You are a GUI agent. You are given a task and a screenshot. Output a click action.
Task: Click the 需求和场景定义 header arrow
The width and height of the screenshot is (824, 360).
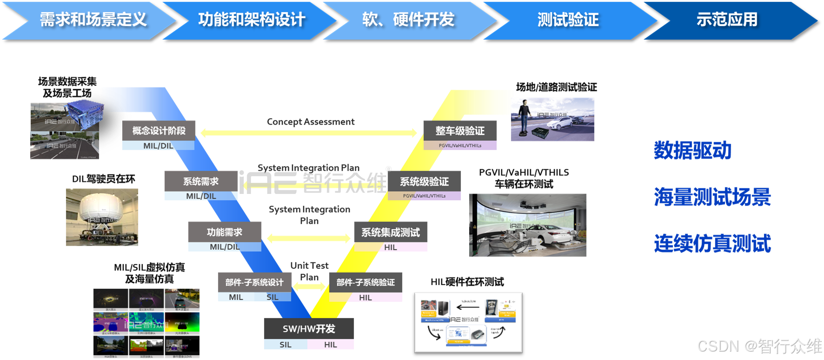point(93,20)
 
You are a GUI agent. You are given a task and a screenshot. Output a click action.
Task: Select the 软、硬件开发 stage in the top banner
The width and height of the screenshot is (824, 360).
point(408,20)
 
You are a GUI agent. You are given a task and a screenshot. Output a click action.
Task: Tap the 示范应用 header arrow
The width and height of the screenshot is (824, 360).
point(727,20)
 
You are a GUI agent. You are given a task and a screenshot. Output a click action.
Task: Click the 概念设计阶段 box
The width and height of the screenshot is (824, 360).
point(159,131)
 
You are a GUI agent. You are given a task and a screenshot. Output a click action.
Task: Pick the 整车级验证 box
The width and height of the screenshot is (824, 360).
point(460,131)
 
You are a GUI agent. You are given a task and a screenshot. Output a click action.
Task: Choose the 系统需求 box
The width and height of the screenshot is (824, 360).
point(200,181)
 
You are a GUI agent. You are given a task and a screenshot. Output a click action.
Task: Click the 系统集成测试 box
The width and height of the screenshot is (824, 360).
point(391,232)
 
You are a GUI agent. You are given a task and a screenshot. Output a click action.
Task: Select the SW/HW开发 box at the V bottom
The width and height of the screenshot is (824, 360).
point(309,329)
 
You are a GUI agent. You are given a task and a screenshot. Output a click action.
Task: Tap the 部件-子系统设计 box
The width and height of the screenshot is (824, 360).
point(254,282)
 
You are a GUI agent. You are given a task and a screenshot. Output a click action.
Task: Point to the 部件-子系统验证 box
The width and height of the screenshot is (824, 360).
point(365,282)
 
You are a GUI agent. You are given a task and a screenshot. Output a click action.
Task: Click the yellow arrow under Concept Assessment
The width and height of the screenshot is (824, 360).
point(309,133)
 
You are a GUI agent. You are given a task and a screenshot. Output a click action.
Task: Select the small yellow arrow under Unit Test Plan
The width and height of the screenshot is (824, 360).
point(310,286)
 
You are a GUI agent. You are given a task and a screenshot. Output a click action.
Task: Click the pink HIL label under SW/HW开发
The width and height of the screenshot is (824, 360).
point(331,345)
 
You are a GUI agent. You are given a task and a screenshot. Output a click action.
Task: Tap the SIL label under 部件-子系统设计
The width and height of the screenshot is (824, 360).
point(272,297)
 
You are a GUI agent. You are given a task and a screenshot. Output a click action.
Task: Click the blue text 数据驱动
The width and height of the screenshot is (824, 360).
point(692,150)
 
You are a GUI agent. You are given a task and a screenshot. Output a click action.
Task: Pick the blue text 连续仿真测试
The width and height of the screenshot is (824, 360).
point(712,243)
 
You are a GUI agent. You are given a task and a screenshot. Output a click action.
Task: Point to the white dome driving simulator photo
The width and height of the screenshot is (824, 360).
point(101,217)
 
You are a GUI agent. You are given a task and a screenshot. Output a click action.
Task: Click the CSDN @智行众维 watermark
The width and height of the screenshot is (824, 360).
point(759,346)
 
